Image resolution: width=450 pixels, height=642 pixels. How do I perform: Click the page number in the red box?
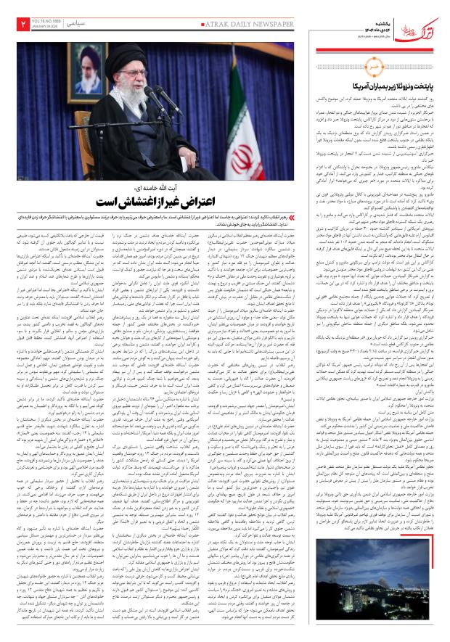pos(14,25)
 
